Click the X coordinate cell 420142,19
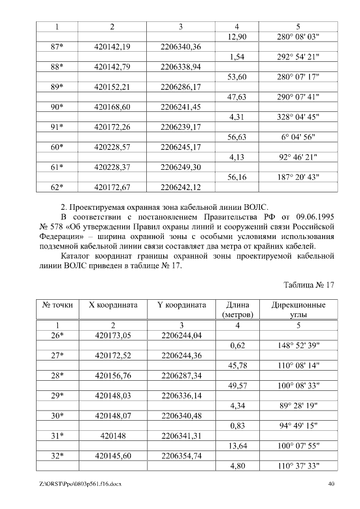point(112,47)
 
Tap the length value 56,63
point(236,137)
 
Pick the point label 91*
point(56,127)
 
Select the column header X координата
point(112,305)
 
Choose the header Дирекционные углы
point(298,309)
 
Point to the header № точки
point(56,305)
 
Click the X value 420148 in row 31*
point(112,435)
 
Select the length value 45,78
point(236,366)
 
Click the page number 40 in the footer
point(331,484)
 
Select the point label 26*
point(56,335)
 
